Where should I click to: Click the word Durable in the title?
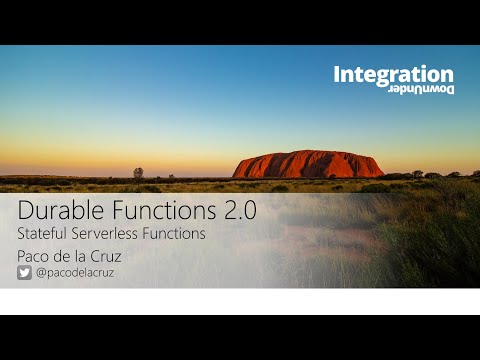click(60, 211)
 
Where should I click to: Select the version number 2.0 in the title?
click(240, 211)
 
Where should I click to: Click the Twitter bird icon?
click(24, 272)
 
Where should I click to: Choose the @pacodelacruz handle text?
click(75, 272)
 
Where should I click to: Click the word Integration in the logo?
click(393, 74)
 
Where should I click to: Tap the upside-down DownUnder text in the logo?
click(421, 89)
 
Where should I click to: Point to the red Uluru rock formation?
click(308, 165)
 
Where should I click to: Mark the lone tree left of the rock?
click(138, 173)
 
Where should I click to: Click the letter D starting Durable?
click(26, 211)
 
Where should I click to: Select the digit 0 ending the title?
click(252, 211)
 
